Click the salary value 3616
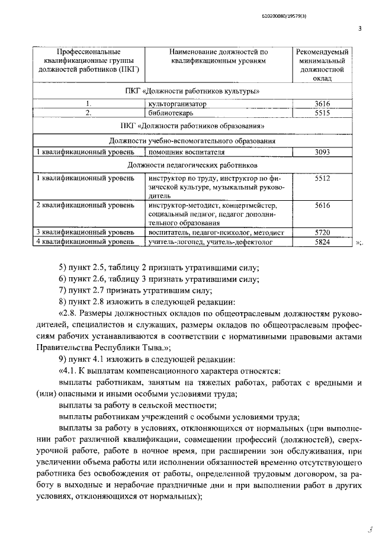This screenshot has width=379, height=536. coord(323,104)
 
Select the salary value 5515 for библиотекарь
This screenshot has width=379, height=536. coord(323,113)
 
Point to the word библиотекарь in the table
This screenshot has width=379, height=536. coord(172,113)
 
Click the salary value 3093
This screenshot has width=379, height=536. coord(323,152)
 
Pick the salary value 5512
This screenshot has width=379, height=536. coord(323,177)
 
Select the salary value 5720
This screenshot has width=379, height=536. coord(323,233)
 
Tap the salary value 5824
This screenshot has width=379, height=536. coord(323,242)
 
